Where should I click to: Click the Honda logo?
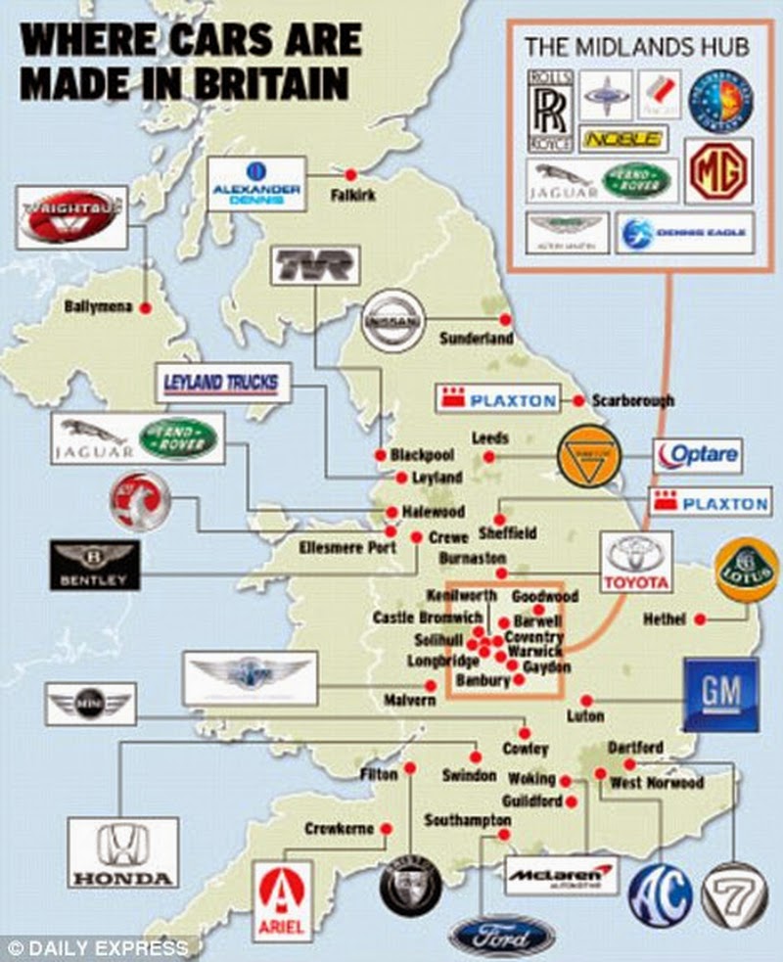[123, 852]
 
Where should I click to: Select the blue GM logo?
[720, 694]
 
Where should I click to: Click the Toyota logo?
[637, 562]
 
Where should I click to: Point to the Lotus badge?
[747, 570]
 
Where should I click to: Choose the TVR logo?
[314, 266]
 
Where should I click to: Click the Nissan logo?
[396, 319]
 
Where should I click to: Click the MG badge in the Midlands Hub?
[718, 170]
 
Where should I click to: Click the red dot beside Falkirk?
[341, 173]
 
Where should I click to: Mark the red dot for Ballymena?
[145, 308]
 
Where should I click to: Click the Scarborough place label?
[632, 400]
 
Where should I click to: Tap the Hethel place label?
[665, 619]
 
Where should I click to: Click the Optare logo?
[698, 455]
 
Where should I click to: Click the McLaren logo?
[563, 873]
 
